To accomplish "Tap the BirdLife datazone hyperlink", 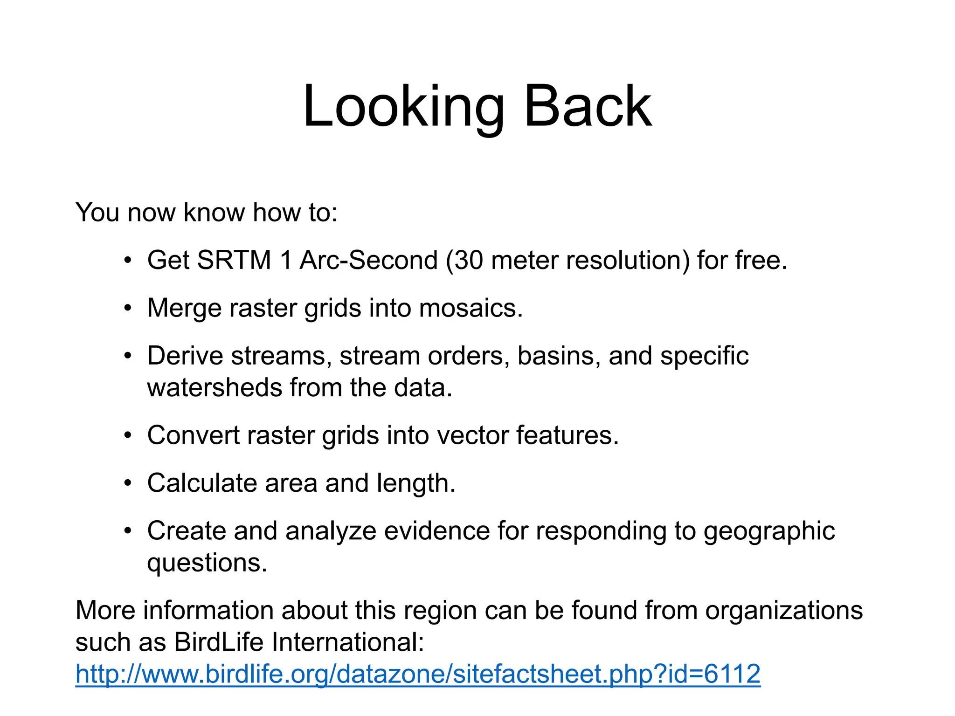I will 418,674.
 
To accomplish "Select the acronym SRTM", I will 234,260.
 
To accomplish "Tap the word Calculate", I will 202,483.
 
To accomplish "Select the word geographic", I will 769,531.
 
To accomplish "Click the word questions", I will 207,563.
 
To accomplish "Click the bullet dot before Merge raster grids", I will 128,309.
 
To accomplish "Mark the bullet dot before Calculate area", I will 128,483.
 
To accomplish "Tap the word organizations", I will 783,611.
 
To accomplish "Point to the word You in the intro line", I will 97,213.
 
